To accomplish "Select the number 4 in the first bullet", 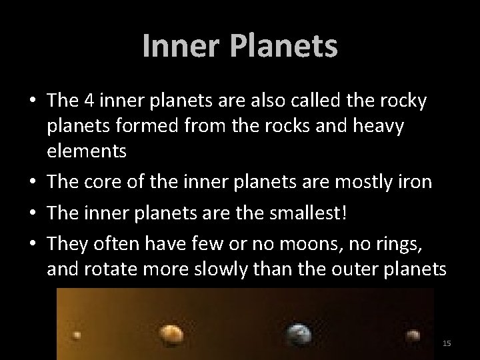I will pos(89,101).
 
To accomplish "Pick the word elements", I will pos(87,151).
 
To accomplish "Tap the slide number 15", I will pos(447,343).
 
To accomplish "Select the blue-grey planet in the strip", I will pos(298,333).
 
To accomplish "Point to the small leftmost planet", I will pos(77,335).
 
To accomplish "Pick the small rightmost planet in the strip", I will pos(413,335).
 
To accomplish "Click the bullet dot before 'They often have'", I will pos(32,244).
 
